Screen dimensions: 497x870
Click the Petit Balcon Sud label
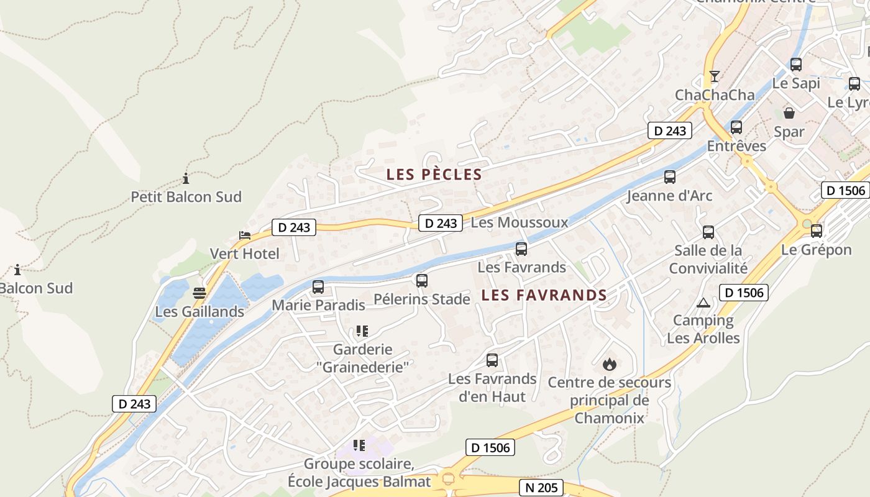pyautogui.click(x=186, y=197)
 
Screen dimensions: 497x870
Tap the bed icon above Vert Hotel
pyautogui.click(x=245, y=235)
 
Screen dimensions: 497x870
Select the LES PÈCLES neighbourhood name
pyautogui.click(x=434, y=175)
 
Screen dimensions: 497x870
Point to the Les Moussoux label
pyautogui.click(x=520, y=222)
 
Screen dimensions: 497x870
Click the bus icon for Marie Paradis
pyautogui.click(x=318, y=287)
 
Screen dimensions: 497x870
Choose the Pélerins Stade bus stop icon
pyautogui.click(x=422, y=281)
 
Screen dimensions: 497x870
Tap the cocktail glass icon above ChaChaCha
pyautogui.click(x=715, y=76)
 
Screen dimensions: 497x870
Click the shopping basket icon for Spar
pyautogui.click(x=789, y=113)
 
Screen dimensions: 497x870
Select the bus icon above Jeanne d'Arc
pyautogui.click(x=670, y=177)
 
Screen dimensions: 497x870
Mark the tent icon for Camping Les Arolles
pyautogui.click(x=703, y=303)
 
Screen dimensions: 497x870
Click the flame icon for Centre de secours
pyautogui.click(x=609, y=364)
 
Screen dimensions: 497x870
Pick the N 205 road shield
pyautogui.click(x=542, y=488)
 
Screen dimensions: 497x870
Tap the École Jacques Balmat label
pyautogui.click(x=359, y=481)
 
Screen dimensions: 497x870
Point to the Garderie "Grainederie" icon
pyautogui.click(x=362, y=331)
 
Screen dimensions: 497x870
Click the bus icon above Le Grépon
pyautogui.click(x=817, y=231)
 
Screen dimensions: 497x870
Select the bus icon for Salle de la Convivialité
pyautogui.click(x=708, y=232)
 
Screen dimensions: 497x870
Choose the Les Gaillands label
pyautogui.click(x=199, y=311)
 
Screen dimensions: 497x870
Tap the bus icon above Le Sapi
pyautogui.click(x=796, y=65)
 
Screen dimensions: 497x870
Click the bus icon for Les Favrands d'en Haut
pyautogui.click(x=492, y=360)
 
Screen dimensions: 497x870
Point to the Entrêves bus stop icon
pyautogui.click(x=736, y=127)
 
